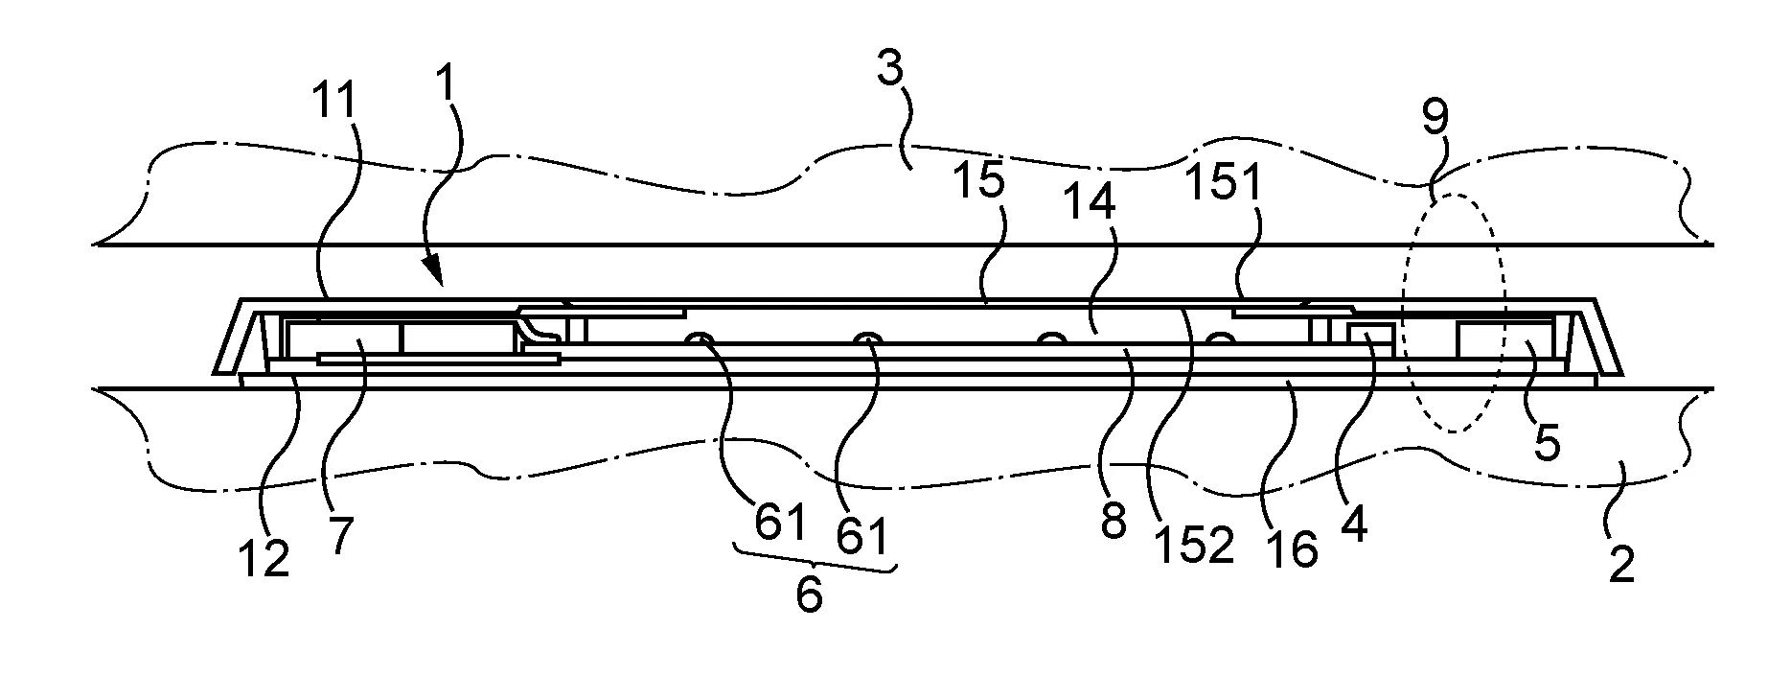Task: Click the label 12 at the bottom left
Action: coord(263,557)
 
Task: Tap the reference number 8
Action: coord(1114,523)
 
